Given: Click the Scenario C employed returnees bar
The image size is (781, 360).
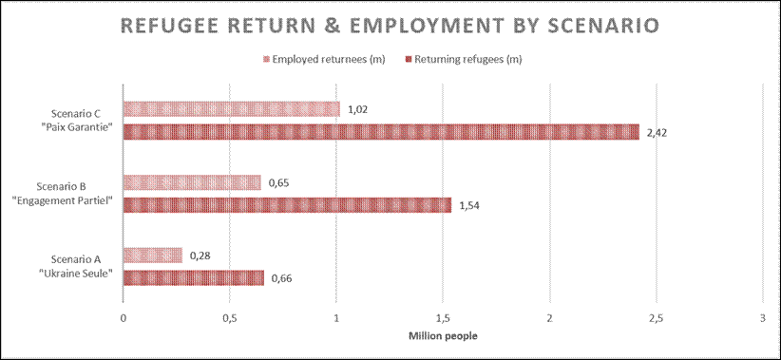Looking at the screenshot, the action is pos(232,109).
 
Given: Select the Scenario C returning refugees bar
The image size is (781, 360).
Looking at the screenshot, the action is pos(381,132).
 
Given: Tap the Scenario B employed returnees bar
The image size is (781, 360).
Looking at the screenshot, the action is pos(192,182).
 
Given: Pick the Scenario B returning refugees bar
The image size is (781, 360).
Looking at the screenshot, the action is pos(287,205).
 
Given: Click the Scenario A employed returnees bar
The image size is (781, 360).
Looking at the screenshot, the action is pos(153,256).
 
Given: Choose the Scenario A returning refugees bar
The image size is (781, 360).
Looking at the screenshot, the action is pos(194,278).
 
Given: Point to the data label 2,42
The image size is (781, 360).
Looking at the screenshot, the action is pos(657,132).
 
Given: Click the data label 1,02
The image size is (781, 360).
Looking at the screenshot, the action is pos(358,109).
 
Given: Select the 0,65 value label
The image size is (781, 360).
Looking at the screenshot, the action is pos(279,182).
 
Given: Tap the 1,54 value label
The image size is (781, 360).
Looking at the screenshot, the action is pos(469,205).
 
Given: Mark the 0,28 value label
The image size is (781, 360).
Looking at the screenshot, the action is pos(200,256).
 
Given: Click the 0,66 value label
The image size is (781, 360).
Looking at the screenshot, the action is pos(282,278).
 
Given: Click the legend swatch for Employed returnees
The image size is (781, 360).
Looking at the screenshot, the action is pos(267,59).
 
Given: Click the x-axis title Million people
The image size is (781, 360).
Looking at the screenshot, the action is pos(444,335).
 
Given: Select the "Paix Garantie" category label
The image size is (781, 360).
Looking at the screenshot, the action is pos(82,126).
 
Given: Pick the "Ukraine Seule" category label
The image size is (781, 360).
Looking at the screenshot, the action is pos(76,273).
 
